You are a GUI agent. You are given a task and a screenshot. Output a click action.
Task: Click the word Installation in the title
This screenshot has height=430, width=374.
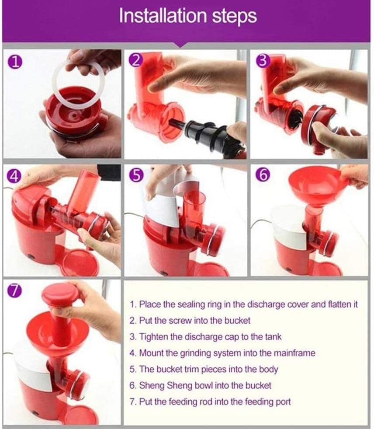point(163,16)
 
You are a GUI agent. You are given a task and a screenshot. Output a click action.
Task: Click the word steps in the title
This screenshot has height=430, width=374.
point(234,17)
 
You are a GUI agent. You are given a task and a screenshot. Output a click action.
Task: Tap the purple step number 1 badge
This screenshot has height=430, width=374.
point(15,62)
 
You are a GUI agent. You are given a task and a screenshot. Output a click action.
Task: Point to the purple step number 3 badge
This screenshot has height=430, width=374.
point(263,61)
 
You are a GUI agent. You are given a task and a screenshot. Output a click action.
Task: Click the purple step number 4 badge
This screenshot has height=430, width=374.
point(14,176)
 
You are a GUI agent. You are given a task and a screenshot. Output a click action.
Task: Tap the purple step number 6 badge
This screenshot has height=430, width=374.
point(263,175)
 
